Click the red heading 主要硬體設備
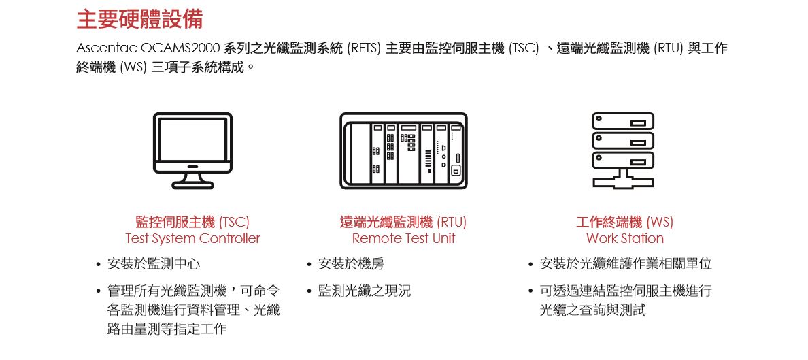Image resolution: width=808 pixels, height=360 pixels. tap(139, 18)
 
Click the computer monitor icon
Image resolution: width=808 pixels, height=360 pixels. tap(192, 150)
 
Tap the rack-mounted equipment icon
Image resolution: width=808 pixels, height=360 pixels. tap(403, 150)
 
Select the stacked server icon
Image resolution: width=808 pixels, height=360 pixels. tap(623, 150)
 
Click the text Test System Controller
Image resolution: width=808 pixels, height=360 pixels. tap(192, 239)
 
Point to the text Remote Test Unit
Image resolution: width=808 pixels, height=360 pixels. tap(403, 239)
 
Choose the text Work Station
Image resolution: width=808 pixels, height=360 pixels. tap(625, 239)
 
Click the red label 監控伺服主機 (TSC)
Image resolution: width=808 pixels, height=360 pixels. tap(192, 223)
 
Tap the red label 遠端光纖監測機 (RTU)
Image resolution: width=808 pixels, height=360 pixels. tap(403, 223)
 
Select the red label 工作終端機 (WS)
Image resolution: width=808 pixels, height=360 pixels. tap(625, 223)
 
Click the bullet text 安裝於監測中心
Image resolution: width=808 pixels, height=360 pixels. tap(154, 264)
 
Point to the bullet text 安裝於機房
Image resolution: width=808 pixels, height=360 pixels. tap(351, 264)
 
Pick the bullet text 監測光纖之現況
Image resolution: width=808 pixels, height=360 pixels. tap(365, 291)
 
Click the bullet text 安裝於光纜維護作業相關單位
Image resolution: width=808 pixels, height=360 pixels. tap(626, 264)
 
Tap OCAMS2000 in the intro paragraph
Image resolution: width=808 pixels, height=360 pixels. tap(181, 48)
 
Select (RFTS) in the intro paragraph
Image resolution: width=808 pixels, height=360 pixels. tap(364, 49)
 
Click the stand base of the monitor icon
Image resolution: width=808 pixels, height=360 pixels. tap(192, 184)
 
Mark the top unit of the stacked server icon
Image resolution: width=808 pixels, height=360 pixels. tap(623, 121)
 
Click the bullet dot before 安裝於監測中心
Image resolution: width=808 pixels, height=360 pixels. tap(98, 265)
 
